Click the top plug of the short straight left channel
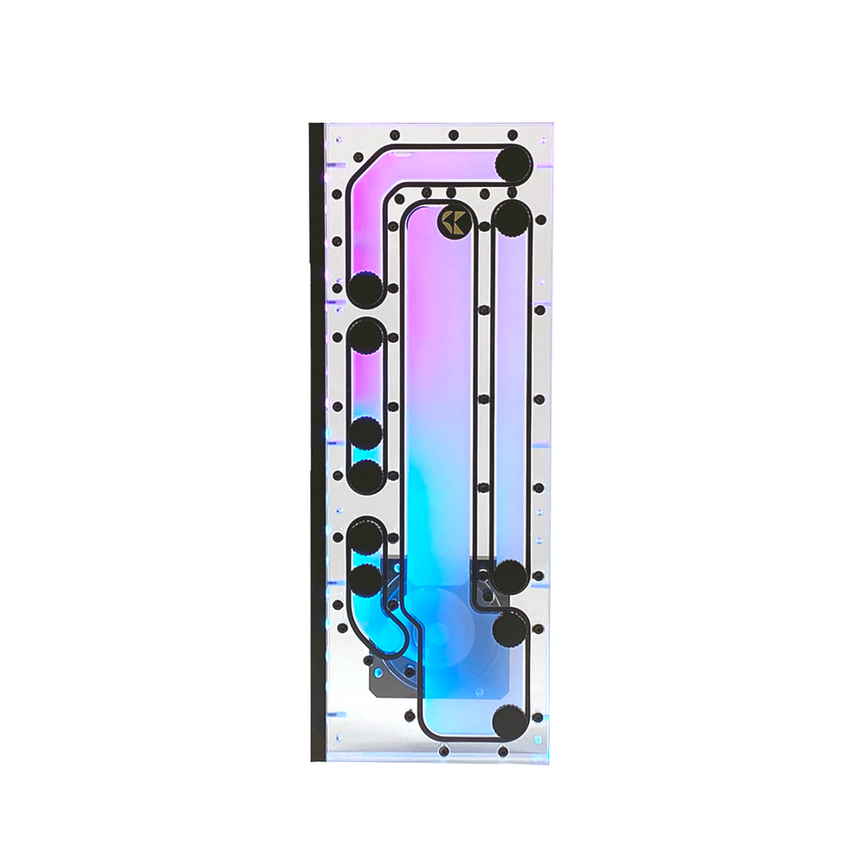click(367, 335)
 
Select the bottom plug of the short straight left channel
click(367, 475)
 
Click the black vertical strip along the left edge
click(317, 442)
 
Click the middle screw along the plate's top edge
click(452, 135)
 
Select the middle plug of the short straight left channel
click(367, 434)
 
